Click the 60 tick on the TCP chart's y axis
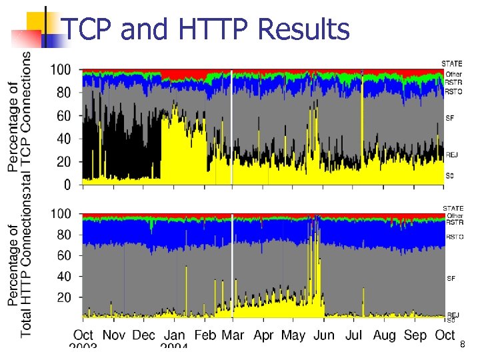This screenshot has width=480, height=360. (64, 116)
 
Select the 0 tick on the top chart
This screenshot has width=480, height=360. (67, 184)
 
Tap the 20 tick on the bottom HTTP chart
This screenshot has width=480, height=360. (64, 297)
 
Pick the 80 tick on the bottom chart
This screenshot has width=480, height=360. (64, 235)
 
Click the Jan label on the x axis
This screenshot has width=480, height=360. (175, 335)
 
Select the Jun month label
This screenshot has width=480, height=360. (324, 335)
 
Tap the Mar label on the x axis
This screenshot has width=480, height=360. (233, 335)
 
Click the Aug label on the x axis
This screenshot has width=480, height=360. (385, 335)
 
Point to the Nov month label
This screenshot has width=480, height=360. (114, 335)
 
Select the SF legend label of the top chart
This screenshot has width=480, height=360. (449, 118)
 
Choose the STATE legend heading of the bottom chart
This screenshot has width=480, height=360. (453, 209)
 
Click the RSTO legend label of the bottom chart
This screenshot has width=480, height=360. (454, 237)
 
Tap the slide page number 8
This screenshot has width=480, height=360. (462, 345)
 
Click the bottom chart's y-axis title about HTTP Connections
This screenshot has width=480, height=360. (20, 267)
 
